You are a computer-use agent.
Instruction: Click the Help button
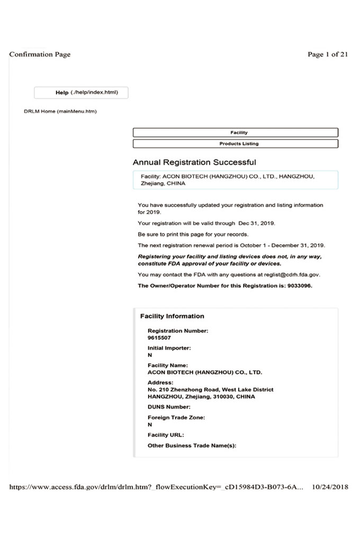(81, 93)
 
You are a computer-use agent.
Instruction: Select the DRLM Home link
(60, 111)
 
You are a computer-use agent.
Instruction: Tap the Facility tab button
(235, 132)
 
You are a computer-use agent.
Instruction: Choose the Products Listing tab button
(235, 144)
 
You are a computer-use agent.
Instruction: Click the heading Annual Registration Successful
(194, 162)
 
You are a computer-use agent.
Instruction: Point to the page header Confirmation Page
(40, 54)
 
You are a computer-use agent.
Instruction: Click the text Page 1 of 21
(328, 54)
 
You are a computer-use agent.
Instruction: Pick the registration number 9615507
(159, 337)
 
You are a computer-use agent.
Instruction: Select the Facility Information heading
(172, 316)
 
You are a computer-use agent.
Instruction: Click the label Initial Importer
(169, 348)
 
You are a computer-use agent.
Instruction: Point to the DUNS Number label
(169, 407)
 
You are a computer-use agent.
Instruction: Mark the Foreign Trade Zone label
(176, 417)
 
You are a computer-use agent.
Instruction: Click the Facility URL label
(166, 435)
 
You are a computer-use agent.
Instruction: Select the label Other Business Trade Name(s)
(192, 445)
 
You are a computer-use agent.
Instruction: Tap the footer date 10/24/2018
(330, 487)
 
